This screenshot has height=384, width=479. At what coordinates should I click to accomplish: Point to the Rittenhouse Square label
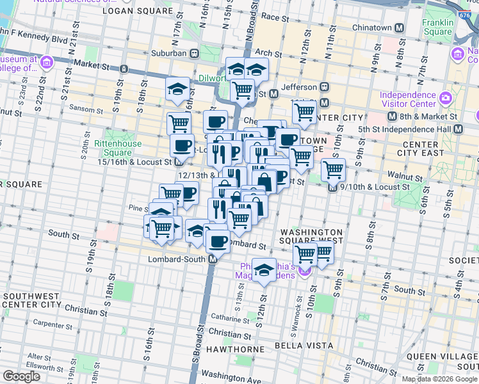(113, 148)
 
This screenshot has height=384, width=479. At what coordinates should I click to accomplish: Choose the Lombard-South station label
(180, 259)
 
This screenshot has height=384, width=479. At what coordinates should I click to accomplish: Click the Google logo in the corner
(21, 376)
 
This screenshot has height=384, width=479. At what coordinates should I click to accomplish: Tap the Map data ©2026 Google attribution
(439, 379)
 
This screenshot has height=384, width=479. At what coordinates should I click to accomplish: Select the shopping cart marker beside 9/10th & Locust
(333, 170)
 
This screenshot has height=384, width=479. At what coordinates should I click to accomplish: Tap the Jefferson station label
(299, 87)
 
